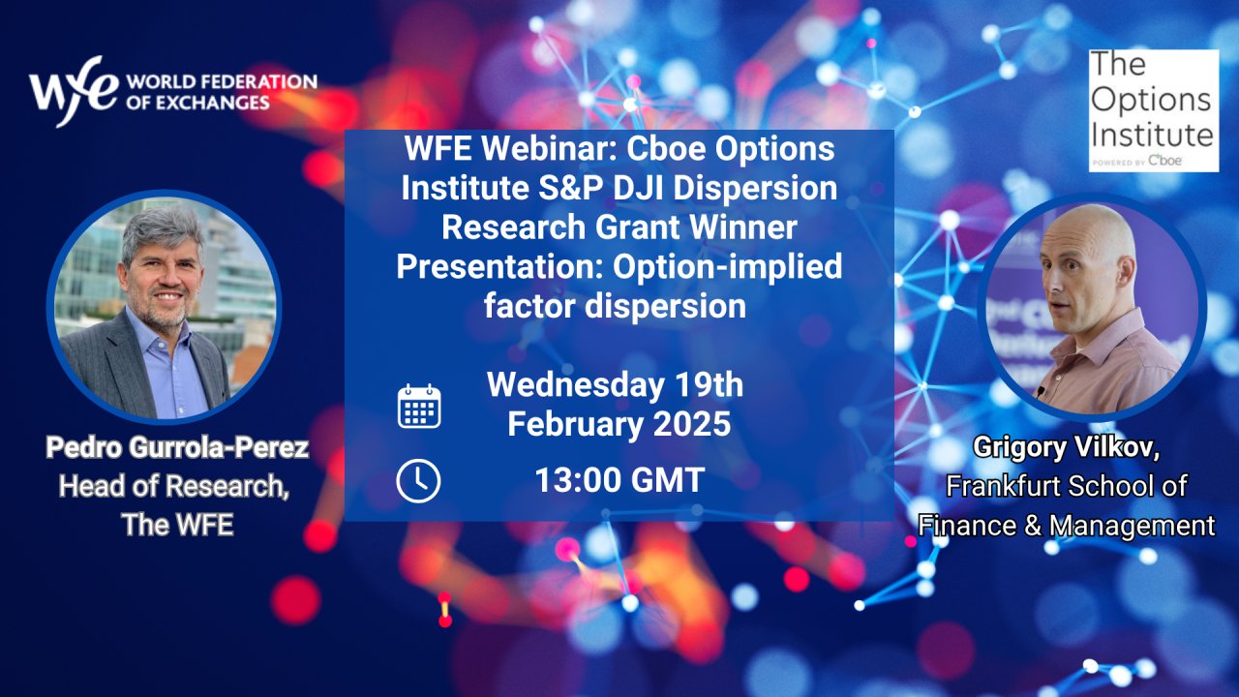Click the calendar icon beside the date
click(x=419, y=407)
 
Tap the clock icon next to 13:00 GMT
click(x=419, y=481)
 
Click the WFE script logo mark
click(x=74, y=91)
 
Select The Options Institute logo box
click(x=1154, y=110)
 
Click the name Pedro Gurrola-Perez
click(x=177, y=447)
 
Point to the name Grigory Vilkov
click(x=1067, y=447)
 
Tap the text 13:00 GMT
click(x=619, y=479)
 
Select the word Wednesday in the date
click(x=575, y=385)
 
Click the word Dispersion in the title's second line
click(x=755, y=189)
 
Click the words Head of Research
click(x=173, y=486)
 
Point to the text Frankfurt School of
click(x=1067, y=486)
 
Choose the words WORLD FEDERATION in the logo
click(x=222, y=82)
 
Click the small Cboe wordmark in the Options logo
click(x=1165, y=161)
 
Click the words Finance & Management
click(x=1067, y=525)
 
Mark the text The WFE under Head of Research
click(x=177, y=525)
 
